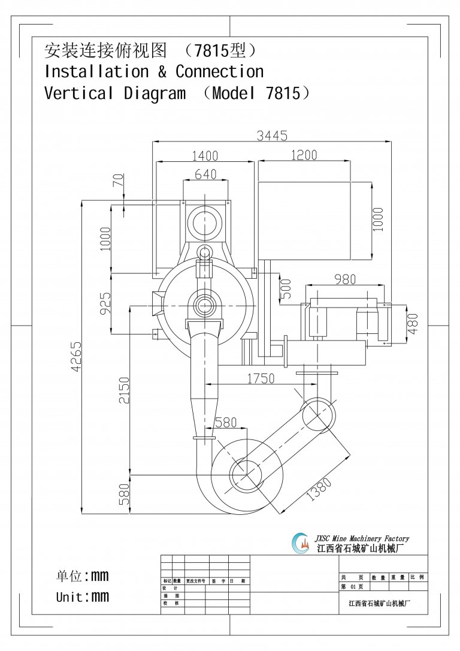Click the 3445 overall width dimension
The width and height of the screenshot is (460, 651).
[272, 135]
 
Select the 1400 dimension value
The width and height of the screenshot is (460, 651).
[205, 156]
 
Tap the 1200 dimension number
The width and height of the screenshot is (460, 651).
[304, 155]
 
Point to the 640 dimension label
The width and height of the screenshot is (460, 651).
[205, 174]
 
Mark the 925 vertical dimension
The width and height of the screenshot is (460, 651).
[105, 303]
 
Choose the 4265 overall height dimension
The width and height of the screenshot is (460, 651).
[76, 357]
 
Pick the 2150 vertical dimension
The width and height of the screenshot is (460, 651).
[123, 390]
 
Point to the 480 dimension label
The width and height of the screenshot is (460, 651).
[413, 323]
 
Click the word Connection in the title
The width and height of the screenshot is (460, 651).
[219, 71]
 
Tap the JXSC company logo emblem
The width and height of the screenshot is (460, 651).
[301, 543]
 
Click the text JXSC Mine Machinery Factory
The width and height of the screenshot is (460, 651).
[362, 538]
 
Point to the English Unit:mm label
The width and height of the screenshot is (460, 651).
[83, 596]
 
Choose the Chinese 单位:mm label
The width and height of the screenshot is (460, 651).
[83, 576]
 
